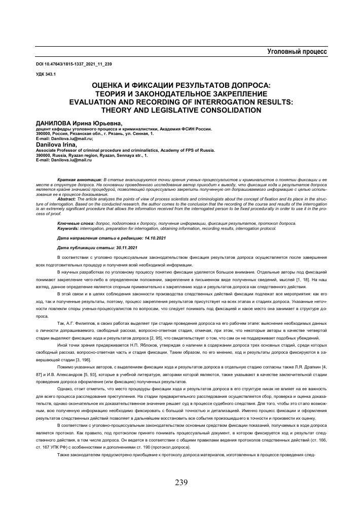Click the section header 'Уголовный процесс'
pyautogui.click(x=297, y=52)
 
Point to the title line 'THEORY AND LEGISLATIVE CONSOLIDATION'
pyautogui.click(x=179, y=109)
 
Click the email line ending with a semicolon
pyautogui.click(x=64, y=138)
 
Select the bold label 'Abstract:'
pyautogui.click(x=69, y=199)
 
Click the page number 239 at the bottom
pyautogui.click(x=180, y=482)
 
